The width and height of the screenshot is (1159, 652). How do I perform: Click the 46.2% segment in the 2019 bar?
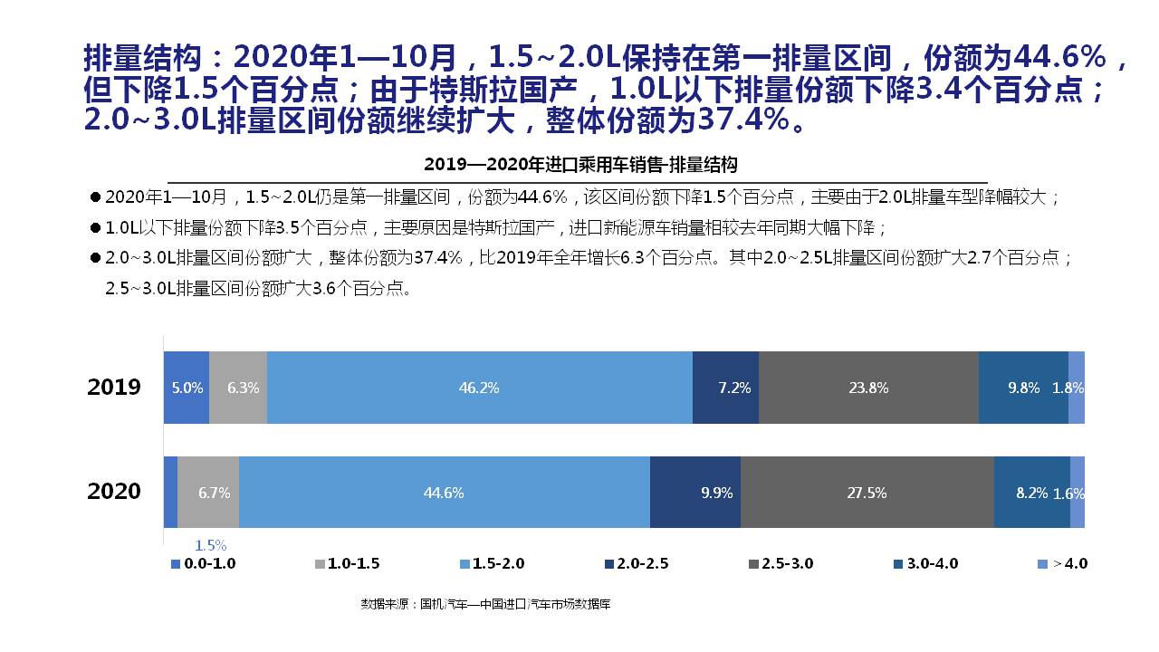point(479,388)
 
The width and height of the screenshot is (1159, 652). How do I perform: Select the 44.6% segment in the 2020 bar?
point(444,493)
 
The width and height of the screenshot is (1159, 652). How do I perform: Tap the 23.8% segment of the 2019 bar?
point(868,388)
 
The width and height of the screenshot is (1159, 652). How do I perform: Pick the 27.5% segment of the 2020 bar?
point(867,493)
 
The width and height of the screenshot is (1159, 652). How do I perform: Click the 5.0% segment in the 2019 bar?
point(187,388)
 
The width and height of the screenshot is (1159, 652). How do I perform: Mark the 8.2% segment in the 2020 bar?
point(1031,493)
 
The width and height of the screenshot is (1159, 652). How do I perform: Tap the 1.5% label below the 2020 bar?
point(210,545)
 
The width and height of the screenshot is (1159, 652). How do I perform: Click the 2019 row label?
point(114,388)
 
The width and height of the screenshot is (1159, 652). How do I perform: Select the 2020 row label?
point(114,492)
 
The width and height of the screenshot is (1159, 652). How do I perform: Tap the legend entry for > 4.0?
point(1068,563)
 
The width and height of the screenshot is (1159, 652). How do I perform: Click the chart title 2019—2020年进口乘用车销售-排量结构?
point(580,165)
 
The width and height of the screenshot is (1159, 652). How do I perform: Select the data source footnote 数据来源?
point(485,603)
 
